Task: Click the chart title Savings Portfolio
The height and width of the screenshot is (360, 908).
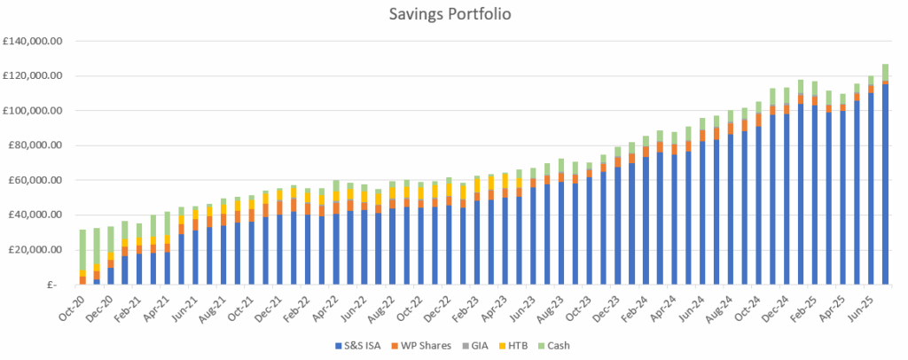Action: pyautogui.click(x=454, y=15)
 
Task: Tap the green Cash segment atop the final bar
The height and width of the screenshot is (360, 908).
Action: pyautogui.click(x=885, y=72)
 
